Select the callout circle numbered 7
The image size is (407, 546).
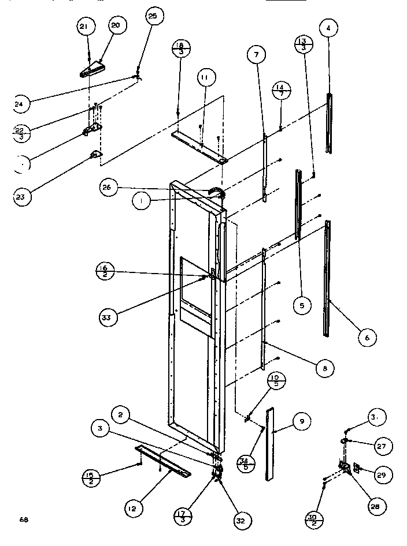click(256, 55)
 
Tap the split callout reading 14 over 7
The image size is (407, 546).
click(282, 92)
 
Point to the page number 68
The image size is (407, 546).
click(23, 519)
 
